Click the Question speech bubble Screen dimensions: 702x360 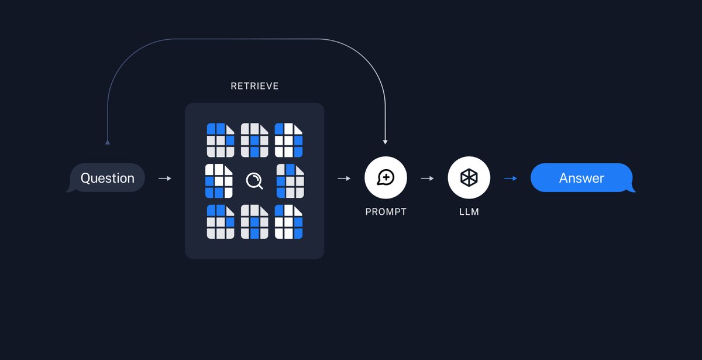point(106,178)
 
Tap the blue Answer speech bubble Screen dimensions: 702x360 point(583,178)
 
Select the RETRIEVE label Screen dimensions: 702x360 point(254,86)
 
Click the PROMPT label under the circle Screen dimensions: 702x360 point(386,212)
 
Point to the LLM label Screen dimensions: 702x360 point(469,212)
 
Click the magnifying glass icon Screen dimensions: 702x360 point(254,181)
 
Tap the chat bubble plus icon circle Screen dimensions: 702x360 point(386,177)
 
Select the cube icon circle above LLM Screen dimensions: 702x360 point(469,177)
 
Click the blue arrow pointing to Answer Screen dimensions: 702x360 point(511,179)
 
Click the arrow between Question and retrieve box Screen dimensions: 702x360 point(165,179)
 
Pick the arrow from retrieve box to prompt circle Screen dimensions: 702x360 point(344,179)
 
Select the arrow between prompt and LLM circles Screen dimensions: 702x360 point(428,179)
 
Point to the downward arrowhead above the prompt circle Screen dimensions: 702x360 point(386,142)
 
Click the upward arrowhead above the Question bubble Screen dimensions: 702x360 point(108,142)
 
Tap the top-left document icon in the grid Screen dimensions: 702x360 point(221,140)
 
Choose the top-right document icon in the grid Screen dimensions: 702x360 point(288,140)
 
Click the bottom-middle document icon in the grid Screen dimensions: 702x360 point(254,222)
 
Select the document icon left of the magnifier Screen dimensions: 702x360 point(219,181)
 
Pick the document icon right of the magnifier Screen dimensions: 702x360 point(290,181)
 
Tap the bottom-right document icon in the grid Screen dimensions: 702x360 point(288,222)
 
